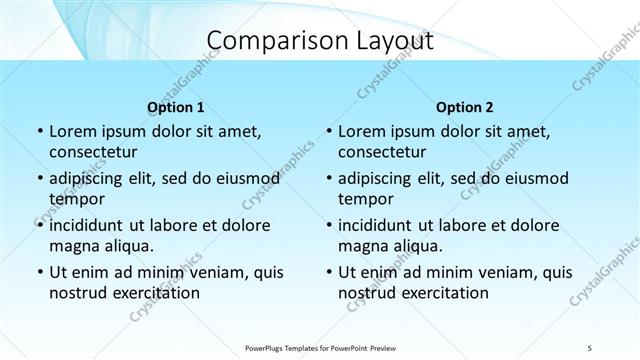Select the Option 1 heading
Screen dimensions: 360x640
(x=176, y=107)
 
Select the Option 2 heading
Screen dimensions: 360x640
(x=465, y=107)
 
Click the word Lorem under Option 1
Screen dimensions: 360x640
(x=71, y=131)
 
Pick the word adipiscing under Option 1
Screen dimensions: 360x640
(x=92, y=178)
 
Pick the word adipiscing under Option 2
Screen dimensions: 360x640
(x=381, y=178)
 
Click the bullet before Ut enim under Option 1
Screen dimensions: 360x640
(x=39, y=272)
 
